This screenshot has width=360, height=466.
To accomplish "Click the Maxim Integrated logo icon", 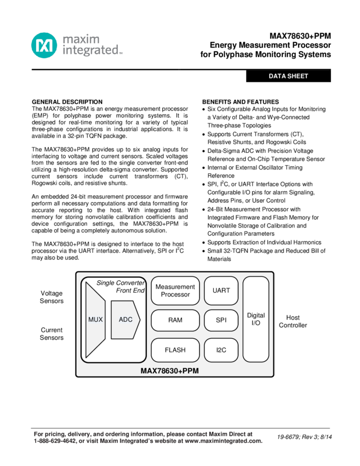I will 44,46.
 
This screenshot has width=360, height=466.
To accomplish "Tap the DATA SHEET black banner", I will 288,76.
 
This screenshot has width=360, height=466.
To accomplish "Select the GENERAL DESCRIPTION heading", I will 67,102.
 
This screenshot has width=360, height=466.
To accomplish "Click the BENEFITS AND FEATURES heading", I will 241,102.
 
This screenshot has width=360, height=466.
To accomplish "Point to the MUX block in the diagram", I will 95,320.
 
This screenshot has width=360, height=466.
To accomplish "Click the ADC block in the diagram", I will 126,320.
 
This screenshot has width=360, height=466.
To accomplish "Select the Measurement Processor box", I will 175,291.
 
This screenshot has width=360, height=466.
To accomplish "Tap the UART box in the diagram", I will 221,291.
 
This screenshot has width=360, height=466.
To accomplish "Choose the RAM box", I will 175,320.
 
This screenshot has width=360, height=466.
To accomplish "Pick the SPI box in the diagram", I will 221,320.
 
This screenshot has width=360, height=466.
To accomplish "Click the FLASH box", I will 175,350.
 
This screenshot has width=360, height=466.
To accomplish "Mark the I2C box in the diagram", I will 221,350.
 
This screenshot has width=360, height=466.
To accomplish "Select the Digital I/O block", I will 256,319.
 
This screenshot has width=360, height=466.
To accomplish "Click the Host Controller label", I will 293,321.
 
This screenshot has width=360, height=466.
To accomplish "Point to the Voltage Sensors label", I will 52,297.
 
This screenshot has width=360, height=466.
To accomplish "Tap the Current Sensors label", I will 52,334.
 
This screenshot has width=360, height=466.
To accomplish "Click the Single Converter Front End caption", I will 121,287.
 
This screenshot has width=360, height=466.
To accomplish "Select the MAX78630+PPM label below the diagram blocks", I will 169,371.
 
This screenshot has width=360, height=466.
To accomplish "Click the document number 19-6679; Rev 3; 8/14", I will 305,437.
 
